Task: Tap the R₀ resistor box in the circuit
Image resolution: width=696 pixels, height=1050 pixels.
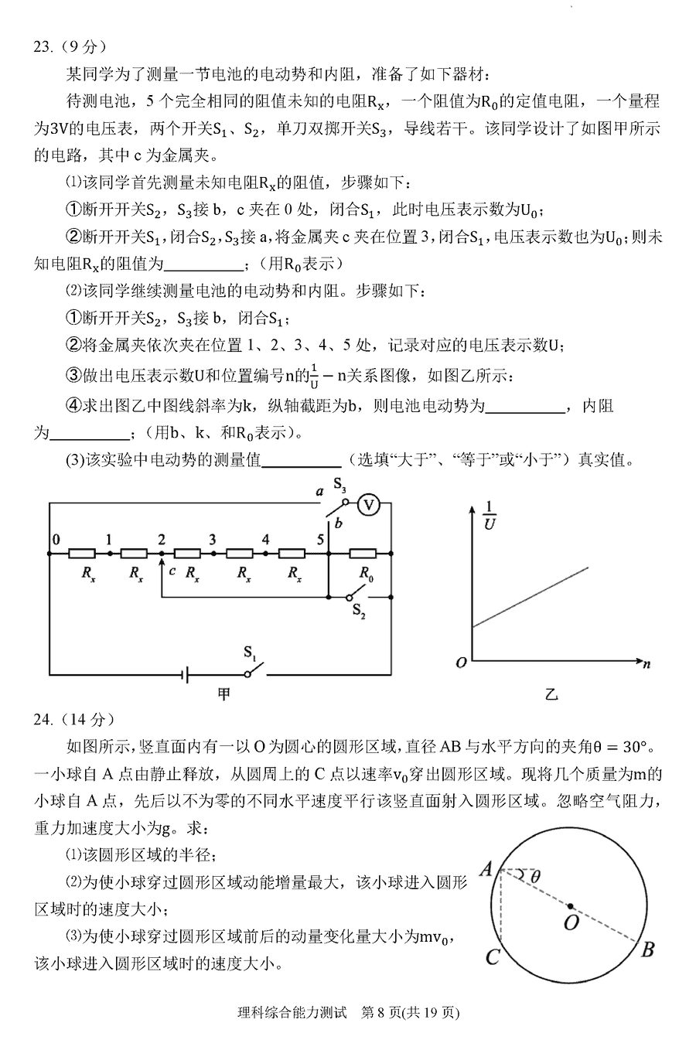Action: click(x=363, y=553)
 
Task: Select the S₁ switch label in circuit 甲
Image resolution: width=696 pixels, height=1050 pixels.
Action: click(x=250, y=652)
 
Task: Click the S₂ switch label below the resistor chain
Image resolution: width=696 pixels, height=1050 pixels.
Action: click(x=359, y=612)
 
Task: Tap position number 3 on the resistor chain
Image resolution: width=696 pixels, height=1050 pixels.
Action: click(x=212, y=540)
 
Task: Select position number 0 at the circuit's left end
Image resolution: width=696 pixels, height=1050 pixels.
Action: click(x=54, y=539)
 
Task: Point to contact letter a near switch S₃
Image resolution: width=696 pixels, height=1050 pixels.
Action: click(x=319, y=492)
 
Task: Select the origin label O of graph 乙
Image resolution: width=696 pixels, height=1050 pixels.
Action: click(x=461, y=663)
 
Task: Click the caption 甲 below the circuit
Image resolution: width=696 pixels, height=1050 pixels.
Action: click(x=223, y=694)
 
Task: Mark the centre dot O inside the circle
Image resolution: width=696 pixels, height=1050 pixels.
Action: click(x=570, y=905)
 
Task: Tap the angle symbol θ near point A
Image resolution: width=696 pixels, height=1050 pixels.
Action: click(x=535, y=876)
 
